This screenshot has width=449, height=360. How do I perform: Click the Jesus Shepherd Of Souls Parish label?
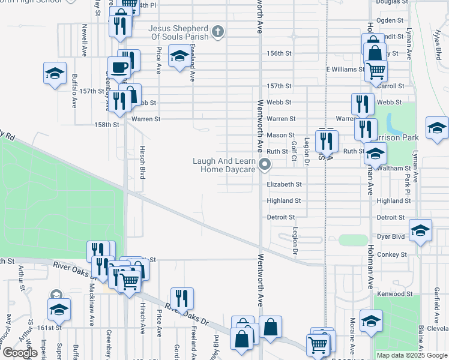pyautogui.click(x=180, y=34)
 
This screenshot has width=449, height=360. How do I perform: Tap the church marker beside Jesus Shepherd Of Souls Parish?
pyautogui.click(x=217, y=31)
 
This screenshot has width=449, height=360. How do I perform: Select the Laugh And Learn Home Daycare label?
pyautogui.click(x=224, y=165)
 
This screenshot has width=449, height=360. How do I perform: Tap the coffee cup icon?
pyautogui.click(x=118, y=67)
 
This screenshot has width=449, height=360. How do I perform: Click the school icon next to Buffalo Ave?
pyautogui.click(x=55, y=74)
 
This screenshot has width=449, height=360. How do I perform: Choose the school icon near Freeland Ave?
pyautogui.click(x=179, y=56)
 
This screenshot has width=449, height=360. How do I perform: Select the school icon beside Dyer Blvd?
pyautogui.click(x=420, y=230)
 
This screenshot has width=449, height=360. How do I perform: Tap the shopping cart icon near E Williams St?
pyautogui.click(x=376, y=70)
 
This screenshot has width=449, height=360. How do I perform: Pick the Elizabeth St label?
pyautogui.click(x=284, y=185)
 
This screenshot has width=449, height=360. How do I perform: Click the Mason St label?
pyautogui.click(x=280, y=136)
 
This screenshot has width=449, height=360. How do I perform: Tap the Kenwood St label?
pyautogui.click(x=392, y=294)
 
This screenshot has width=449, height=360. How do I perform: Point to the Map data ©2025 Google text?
pyautogui.click(x=411, y=355)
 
